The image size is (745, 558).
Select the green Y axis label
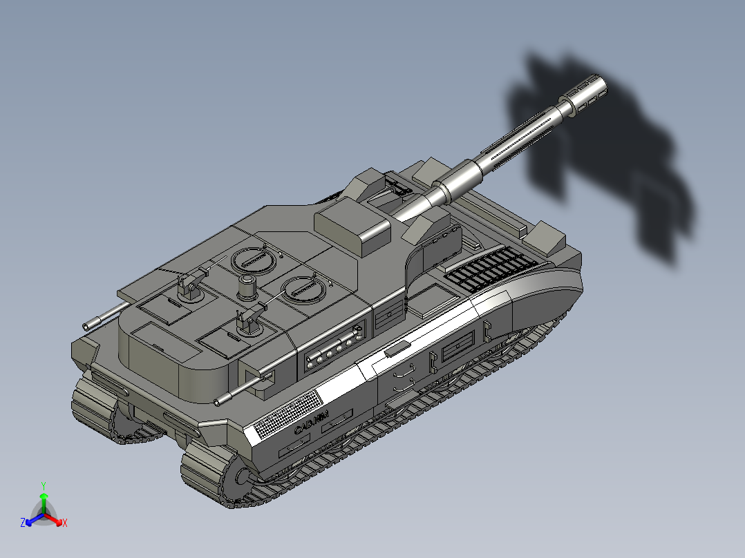pos(43,485)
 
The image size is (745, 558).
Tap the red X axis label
pos(65,523)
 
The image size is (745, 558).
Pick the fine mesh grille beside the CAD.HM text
pos(287,414)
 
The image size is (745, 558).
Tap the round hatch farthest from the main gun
pos(250,259)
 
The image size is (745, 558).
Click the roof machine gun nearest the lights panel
pos(249,319)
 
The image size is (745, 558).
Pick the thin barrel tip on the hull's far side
pos(88,325)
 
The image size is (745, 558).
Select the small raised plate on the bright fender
pos(397,350)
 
